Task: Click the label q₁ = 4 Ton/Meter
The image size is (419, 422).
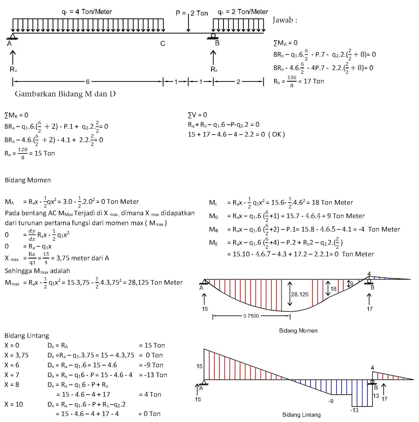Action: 87,12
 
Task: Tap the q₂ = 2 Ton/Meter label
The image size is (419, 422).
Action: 243,12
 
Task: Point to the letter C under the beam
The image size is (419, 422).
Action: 163,44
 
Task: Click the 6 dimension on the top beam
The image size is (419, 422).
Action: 88,82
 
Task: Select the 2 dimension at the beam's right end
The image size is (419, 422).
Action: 238,82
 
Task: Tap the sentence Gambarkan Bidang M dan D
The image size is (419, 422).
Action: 65,94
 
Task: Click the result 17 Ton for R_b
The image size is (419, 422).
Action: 314,81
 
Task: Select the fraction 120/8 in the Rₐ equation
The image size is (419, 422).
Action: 23,153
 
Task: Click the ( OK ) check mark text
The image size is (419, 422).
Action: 277,135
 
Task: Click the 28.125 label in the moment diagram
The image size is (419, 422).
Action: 300,294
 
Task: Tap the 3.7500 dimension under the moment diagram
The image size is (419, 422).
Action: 251,316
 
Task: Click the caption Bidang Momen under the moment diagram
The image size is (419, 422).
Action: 298,331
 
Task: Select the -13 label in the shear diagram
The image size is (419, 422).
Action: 354,410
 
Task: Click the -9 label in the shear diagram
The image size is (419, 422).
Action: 331,401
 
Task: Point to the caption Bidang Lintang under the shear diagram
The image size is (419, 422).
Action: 301,415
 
